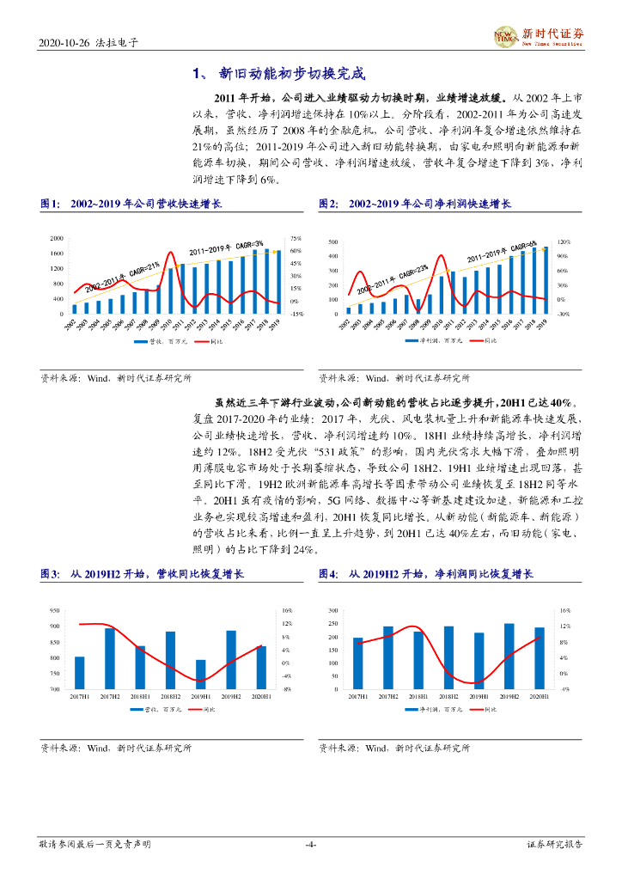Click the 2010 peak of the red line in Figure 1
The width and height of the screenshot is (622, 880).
pyautogui.click(x=170, y=253)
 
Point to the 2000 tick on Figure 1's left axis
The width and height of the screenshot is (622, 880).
pyautogui.click(x=57, y=238)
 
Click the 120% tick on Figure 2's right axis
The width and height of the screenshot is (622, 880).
pyautogui.click(x=564, y=242)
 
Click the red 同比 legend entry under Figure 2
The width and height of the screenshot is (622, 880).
pyautogui.click(x=486, y=341)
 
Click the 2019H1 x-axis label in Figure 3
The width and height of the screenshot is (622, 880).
pyautogui.click(x=201, y=695)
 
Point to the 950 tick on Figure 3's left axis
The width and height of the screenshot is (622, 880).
pyautogui.click(x=55, y=610)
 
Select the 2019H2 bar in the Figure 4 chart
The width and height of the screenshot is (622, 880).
pyautogui.click(x=509, y=656)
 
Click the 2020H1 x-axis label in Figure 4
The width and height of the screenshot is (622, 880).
pyautogui.click(x=540, y=695)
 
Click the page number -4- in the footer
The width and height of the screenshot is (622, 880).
pyautogui.click(x=311, y=845)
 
